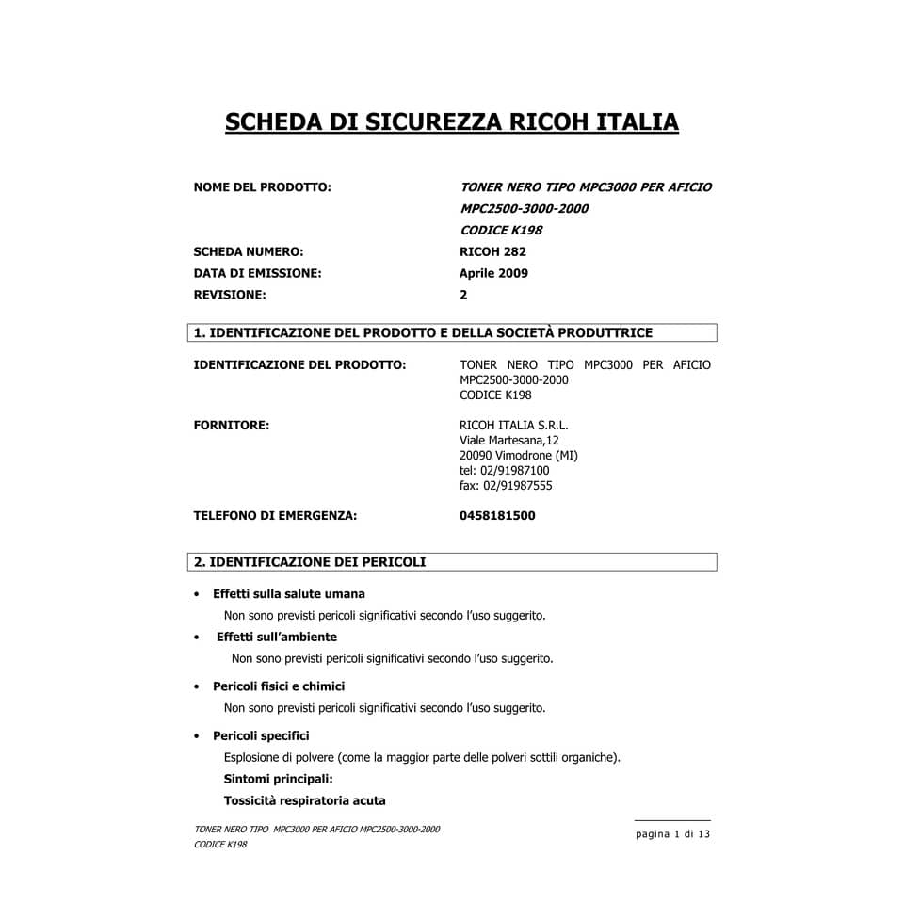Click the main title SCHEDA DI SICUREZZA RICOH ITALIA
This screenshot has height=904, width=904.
click(x=451, y=122)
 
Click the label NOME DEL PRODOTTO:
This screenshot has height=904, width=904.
click(x=262, y=187)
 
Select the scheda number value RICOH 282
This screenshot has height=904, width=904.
click(x=492, y=251)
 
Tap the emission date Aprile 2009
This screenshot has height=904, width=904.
click(x=493, y=273)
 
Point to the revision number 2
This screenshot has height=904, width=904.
click(x=463, y=295)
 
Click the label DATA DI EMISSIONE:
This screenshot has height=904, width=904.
click(x=257, y=273)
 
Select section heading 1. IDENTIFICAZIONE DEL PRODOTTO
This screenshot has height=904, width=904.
click(x=423, y=332)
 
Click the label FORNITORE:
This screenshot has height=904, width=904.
click(x=232, y=425)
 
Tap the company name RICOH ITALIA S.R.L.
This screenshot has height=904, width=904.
click(x=513, y=425)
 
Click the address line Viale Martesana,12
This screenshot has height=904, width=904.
click(x=508, y=440)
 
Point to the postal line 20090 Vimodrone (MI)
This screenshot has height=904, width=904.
click(x=518, y=455)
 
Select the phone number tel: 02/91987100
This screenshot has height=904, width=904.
click(x=504, y=471)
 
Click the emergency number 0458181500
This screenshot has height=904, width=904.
click(x=497, y=515)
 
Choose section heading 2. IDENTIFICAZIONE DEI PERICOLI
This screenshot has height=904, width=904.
click(x=310, y=562)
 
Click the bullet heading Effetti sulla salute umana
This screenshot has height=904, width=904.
click(x=288, y=594)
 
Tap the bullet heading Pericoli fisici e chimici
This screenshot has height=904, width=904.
click(x=279, y=686)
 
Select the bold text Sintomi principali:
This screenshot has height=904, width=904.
click(x=278, y=779)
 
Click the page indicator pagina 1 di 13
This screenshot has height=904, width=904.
click(x=672, y=834)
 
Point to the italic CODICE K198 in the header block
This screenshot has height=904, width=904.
click(x=500, y=230)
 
